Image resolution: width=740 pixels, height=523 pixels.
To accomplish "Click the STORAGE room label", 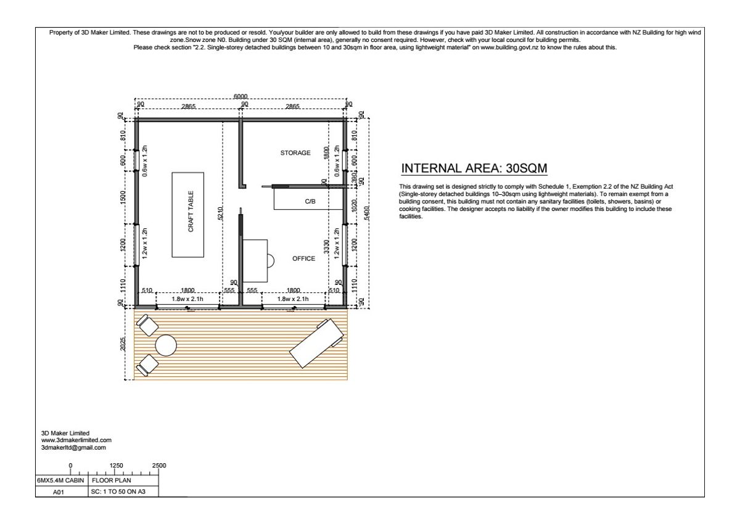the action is coord(295,152).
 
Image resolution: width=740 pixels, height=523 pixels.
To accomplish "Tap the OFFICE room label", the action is coord(303,258).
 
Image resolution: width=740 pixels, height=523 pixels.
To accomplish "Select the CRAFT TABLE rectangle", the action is coord(187,215).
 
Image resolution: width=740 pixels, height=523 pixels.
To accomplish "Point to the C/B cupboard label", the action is coord(310,201).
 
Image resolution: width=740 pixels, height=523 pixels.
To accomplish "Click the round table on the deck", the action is coord(166,345).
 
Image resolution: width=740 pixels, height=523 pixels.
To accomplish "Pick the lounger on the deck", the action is coord(316,343).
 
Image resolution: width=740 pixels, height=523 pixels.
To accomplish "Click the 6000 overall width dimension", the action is coord(240,96).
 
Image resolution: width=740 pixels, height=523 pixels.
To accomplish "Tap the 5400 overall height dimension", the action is coord(367,213).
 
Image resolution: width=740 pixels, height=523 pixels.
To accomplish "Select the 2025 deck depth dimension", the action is coord(123,344).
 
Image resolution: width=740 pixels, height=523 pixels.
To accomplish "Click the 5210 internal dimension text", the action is coord(221,213).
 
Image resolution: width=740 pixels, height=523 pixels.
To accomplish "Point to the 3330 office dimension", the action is coord(326,247).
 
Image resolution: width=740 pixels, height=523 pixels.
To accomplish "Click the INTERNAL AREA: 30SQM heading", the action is coord(474,168).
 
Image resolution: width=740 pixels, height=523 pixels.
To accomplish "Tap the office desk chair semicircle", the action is coord(271,261).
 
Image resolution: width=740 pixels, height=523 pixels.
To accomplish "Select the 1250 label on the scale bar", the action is coord(116,465).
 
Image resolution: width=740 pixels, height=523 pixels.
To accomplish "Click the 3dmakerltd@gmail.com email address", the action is coord(73,448).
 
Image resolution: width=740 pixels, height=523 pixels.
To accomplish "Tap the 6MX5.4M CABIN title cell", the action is coord(62,480).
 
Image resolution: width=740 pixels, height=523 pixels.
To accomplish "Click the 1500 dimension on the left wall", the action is coord(123,197).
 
